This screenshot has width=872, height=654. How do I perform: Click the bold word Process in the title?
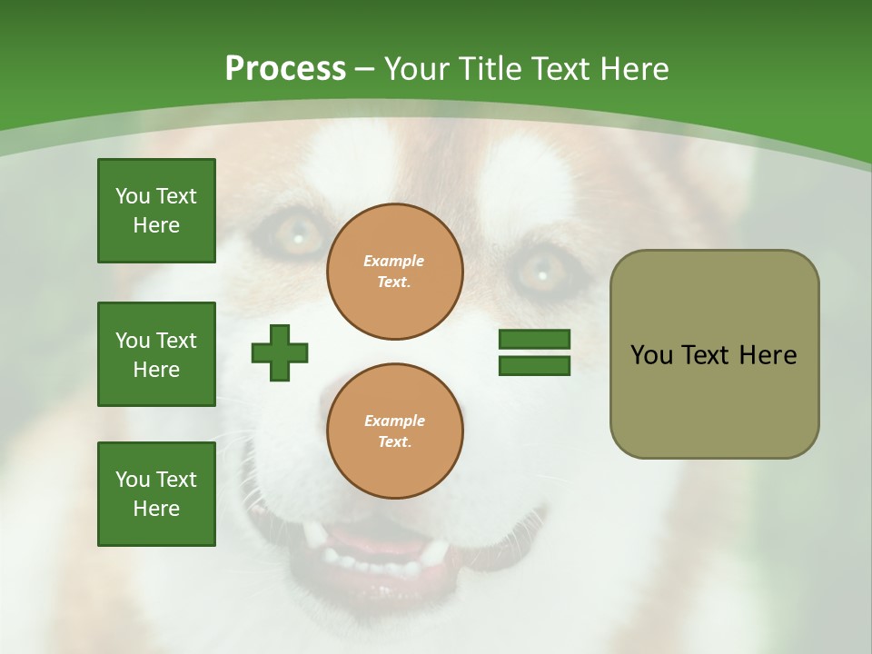point(285,68)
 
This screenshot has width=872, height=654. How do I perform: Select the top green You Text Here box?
point(156,211)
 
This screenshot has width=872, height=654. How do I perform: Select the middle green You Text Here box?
point(156,354)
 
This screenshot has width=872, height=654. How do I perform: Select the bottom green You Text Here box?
point(156,494)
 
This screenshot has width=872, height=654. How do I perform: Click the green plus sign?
point(280,352)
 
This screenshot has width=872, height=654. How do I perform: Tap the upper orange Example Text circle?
point(394,272)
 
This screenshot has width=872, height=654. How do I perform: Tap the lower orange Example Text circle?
point(394,431)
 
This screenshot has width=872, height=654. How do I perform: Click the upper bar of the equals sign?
point(534,340)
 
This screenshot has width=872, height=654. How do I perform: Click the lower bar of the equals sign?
point(534,365)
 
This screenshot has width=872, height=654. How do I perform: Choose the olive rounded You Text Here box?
point(714,354)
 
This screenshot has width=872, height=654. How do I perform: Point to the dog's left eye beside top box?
point(295,234)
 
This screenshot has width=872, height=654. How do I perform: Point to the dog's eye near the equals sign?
point(541,270)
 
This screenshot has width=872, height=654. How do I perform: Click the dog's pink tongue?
point(381,549)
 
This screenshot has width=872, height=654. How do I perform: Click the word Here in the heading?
point(633,69)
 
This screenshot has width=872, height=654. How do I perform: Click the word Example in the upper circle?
point(393,261)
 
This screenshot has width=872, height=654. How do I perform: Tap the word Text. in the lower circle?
point(394,441)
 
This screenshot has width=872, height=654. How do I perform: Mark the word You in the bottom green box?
point(133,480)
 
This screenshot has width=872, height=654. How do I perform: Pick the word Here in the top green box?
point(156,225)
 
